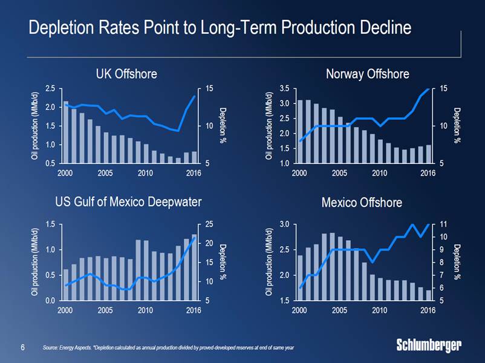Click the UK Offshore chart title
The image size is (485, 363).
click(x=126, y=74)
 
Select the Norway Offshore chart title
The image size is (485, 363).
click(x=367, y=74)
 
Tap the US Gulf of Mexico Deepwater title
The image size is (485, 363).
click(x=128, y=201)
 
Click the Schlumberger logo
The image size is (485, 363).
click(x=429, y=345)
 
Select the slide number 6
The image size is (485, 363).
click(x=22, y=347)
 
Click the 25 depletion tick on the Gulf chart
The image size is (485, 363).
click(x=210, y=224)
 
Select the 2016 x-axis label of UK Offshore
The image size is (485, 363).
click(x=194, y=172)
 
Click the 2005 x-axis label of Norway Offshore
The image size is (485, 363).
click(x=339, y=172)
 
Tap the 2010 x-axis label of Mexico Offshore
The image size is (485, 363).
click(x=380, y=310)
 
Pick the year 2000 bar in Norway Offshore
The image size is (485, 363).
click(x=300, y=131)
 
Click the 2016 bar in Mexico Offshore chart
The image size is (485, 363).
click(x=429, y=295)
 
